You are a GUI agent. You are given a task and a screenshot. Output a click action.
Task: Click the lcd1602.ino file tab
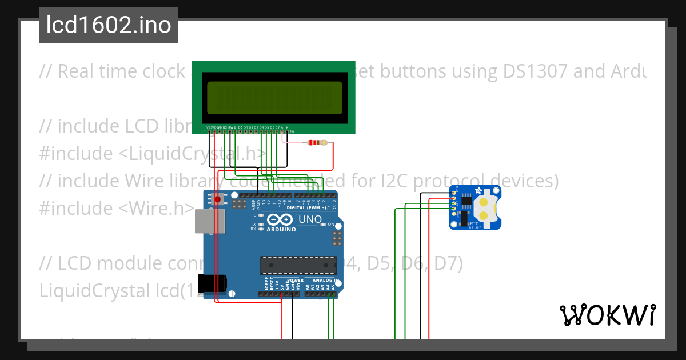(109, 26)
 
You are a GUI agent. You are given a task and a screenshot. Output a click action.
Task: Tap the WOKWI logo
(607, 315)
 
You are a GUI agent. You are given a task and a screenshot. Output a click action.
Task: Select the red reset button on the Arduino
(217, 199)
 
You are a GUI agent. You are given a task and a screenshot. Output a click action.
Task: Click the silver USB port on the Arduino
(204, 221)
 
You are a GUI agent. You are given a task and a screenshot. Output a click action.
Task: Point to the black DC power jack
(212, 283)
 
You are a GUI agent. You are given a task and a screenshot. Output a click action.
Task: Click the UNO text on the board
(310, 219)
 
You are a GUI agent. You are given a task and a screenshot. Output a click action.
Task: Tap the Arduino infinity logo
(280, 220)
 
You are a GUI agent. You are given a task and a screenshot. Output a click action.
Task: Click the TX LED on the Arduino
(261, 225)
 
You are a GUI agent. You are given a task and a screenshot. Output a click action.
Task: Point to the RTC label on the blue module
(473, 223)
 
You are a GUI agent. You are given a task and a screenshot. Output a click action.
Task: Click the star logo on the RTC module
(478, 191)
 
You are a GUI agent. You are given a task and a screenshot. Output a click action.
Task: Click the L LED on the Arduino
(261, 215)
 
